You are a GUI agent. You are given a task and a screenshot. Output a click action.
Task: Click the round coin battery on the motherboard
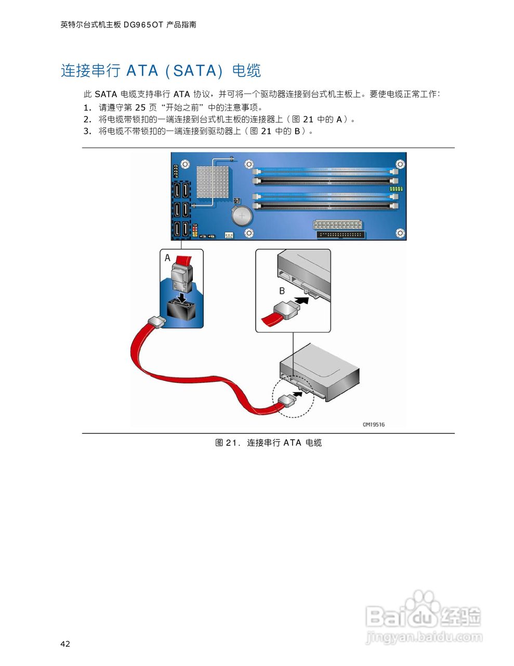click(x=242, y=215)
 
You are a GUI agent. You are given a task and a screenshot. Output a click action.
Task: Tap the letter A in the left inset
click(x=167, y=258)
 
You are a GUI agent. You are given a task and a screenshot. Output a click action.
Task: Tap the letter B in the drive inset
click(x=282, y=291)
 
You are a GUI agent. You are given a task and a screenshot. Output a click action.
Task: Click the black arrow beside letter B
click(x=302, y=300)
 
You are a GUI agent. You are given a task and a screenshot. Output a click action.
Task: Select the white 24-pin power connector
click(x=338, y=225)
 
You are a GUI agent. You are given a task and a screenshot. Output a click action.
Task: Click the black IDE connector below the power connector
click(x=341, y=234)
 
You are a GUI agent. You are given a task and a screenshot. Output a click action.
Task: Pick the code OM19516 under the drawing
click(x=374, y=425)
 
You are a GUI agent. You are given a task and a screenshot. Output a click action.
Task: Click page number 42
click(x=65, y=644)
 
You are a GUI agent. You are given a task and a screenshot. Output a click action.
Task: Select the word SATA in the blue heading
click(x=194, y=71)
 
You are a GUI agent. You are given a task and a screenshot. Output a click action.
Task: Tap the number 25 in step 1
click(x=140, y=108)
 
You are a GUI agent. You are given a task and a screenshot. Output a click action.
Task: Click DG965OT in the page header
click(x=143, y=24)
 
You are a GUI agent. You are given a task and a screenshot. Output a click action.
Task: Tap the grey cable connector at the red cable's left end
click(x=156, y=323)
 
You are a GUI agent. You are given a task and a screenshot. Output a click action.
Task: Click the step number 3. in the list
click(x=87, y=131)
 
